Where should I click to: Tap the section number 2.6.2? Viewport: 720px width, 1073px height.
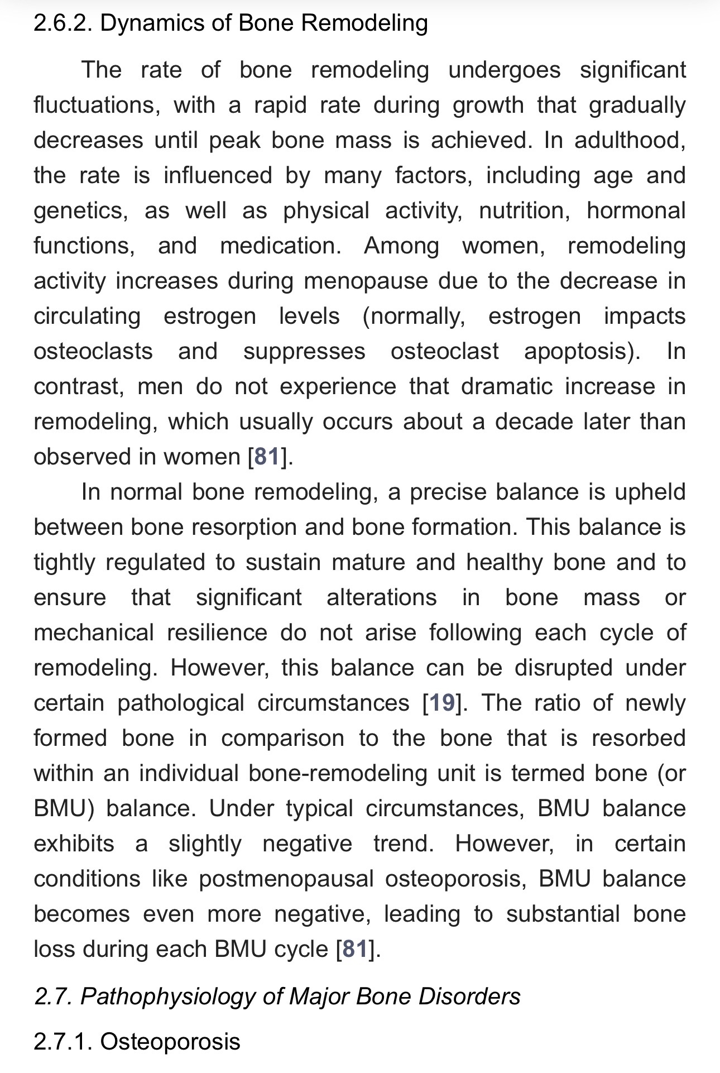63,23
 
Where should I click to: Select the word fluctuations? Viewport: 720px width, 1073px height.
97,105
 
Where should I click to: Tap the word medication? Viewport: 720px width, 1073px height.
280,246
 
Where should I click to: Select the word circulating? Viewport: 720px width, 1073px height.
87,316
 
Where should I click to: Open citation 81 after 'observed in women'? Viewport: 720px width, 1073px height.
267,457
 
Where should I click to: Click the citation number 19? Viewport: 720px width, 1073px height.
441,703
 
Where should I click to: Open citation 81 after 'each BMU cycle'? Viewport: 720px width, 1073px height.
355,949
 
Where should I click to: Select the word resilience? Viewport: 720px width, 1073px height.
217,633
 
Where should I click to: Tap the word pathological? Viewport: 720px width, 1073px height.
181,703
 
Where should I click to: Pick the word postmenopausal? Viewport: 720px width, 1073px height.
286,879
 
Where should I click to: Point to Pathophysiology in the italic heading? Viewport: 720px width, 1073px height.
167,997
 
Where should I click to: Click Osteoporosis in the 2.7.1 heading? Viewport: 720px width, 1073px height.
170,1042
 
